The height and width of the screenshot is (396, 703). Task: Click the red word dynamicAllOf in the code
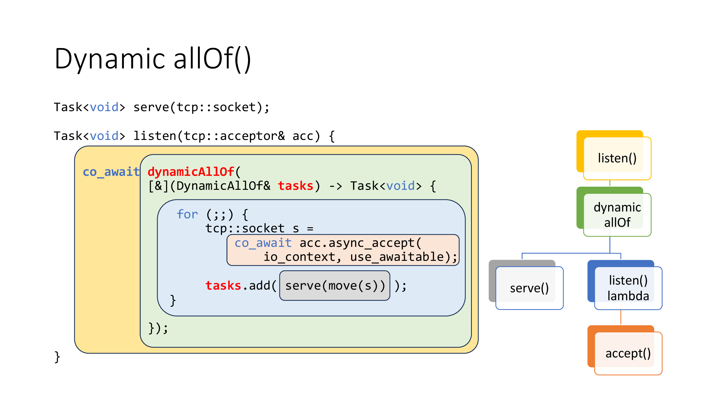tap(191, 172)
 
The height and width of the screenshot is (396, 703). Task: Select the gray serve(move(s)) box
tap(334, 286)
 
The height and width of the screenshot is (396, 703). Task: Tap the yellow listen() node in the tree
tap(617, 158)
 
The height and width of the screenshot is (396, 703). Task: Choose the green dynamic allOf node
tap(617, 215)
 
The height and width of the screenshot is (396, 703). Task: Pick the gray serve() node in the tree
tap(529, 288)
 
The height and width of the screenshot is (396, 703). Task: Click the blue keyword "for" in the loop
tap(187, 214)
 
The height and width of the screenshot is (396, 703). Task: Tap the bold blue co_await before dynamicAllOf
tap(111, 172)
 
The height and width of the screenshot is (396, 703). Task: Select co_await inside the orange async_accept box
tap(263, 243)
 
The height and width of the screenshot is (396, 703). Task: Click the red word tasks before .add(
tap(223, 286)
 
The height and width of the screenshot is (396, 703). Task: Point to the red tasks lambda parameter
tap(295, 186)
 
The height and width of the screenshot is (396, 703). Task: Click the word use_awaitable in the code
tap(400, 257)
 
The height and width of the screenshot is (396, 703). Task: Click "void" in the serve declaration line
tap(104, 107)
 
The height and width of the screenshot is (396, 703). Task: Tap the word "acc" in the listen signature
tap(303, 136)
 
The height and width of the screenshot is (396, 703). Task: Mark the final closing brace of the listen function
tap(57, 357)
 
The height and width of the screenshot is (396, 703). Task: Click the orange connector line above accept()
tap(621, 317)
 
